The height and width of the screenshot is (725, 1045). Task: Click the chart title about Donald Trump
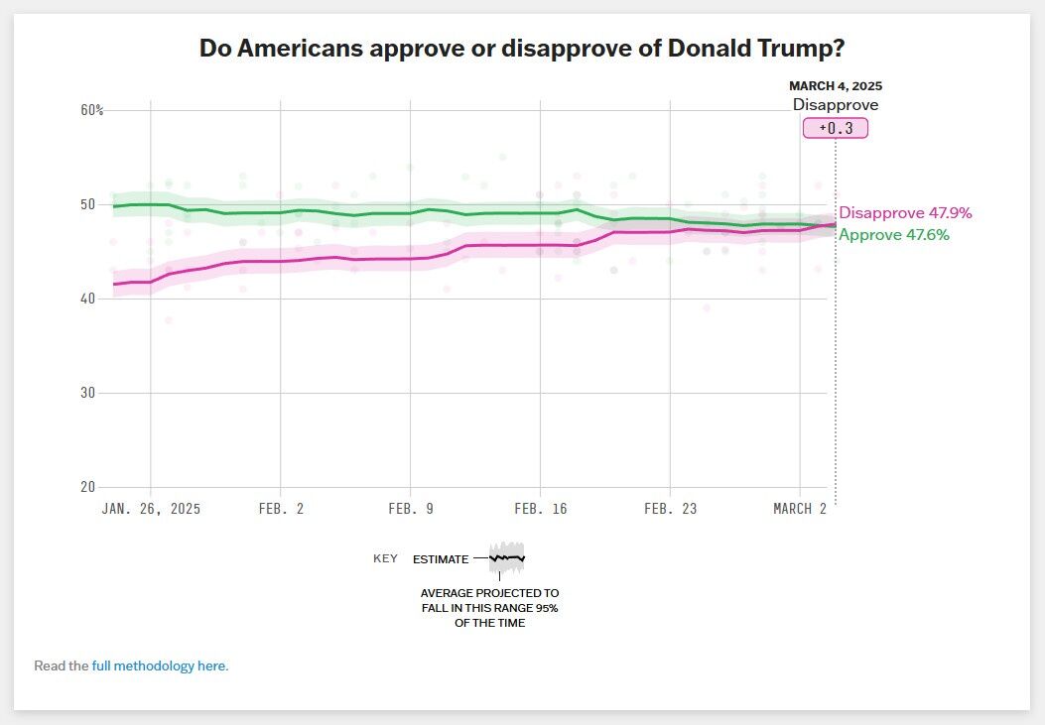coord(528,49)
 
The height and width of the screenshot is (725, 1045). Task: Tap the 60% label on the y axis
coord(91,110)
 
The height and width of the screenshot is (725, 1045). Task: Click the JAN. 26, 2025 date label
coord(151,509)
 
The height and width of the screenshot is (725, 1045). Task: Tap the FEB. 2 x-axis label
coord(281,509)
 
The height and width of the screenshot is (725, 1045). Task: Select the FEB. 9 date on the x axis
coord(410,509)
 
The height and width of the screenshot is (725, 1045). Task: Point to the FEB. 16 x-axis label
coord(540,509)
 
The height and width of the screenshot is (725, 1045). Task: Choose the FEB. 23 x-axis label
coord(670,509)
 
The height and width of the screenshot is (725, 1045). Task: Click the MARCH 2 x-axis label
coord(800,509)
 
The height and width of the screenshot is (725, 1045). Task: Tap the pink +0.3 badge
coord(836,128)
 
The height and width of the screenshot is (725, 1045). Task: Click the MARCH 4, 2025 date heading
coord(835,86)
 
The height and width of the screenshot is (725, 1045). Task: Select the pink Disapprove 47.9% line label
coord(905,213)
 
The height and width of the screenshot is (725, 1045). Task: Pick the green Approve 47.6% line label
coord(894,235)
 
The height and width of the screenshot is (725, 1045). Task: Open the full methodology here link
coord(160,665)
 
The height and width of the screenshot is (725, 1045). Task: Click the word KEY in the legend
coord(385,558)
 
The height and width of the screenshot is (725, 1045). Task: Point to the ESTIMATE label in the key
coord(441,559)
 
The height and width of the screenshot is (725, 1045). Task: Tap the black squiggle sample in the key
coord(506,558)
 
